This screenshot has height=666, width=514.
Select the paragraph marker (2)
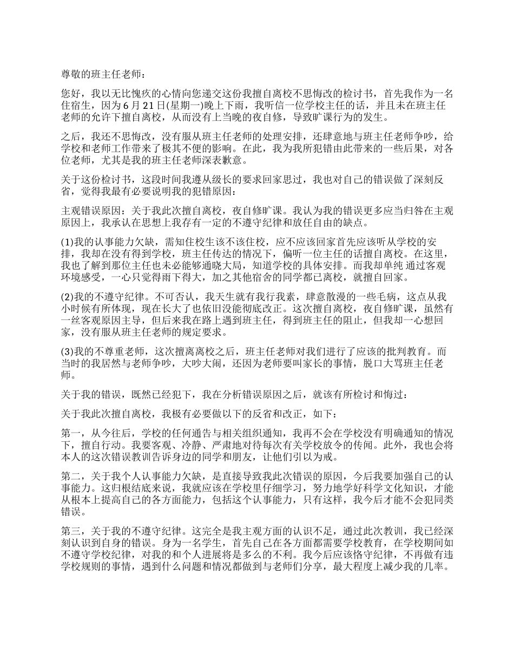point(68,297)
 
